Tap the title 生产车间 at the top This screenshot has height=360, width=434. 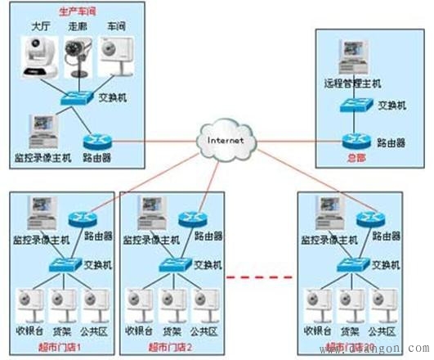click(76, 13)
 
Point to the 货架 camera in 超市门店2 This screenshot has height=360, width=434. click(173, 307)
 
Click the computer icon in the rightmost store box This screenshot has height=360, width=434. click(321, 217)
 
